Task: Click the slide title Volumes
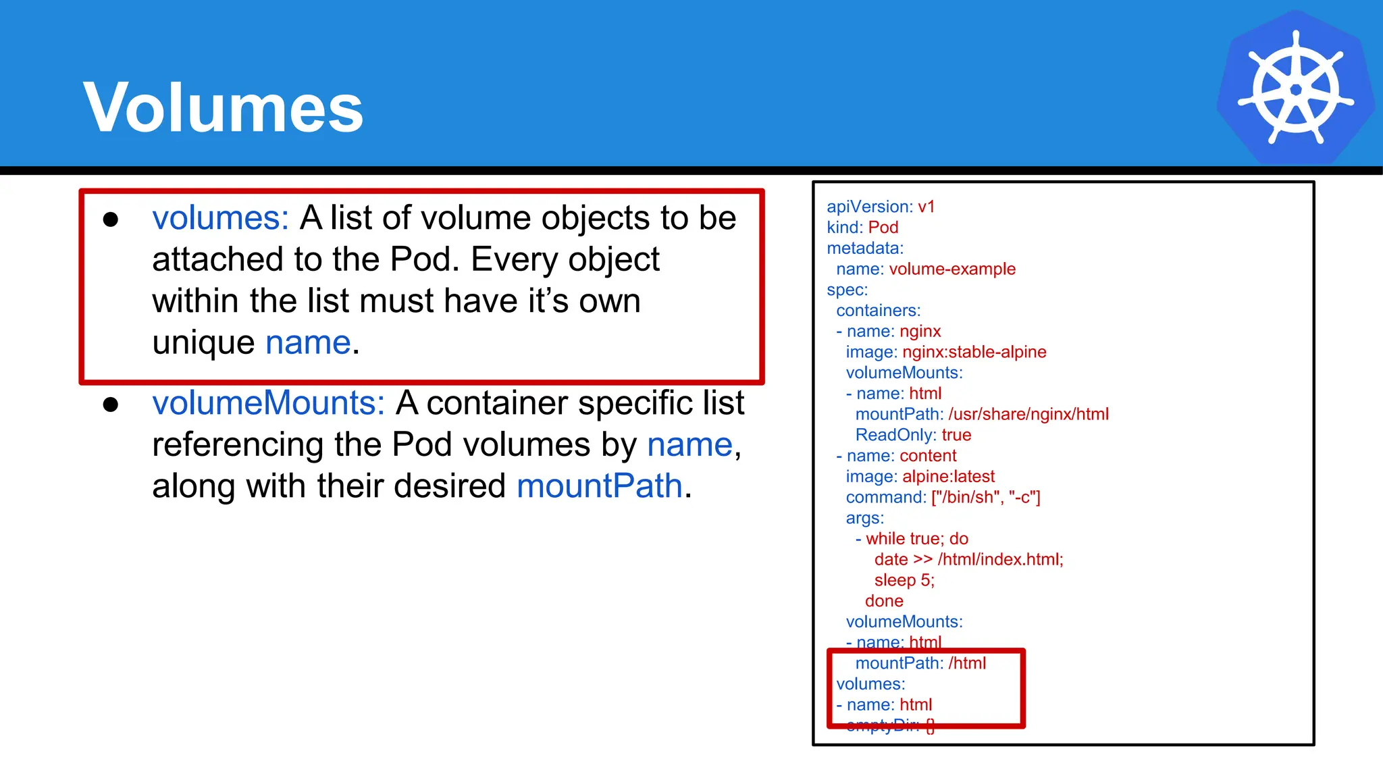(x=223, y=108)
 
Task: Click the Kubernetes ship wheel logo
(x=1295, y=88)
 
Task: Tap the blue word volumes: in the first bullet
(x=220, y=218)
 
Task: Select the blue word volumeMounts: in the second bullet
(x=268, y=403)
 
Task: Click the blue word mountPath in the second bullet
(x=600, y=486)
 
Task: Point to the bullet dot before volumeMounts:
(x=111, y=405)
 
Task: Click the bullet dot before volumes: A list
(x=111, y=219)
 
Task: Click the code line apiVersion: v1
(x=881, y=207)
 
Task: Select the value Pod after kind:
(x=883, y=228)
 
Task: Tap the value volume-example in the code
(x=952, y=269)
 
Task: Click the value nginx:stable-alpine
(x=974, y=352)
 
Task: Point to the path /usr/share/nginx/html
(x=1028, y=414)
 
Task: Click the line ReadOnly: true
(x=913, y=435)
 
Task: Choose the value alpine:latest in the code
(x=948, y=477)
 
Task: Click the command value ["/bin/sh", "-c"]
(x=985, y=497)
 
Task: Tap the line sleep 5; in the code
(x=904, y=580)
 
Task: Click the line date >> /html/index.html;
(x=968, y=559)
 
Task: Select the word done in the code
(x=884, y=601)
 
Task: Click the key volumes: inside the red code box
(x=870, y=684)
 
